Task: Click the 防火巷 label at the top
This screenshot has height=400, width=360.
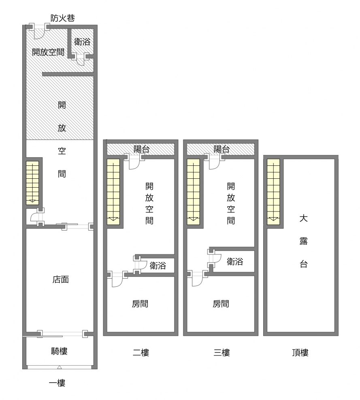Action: pyautogui.click(x=63, y=18)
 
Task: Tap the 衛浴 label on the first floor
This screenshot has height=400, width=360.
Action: pyautogui.click(x=82, y=42)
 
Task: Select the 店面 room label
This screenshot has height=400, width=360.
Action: pyautogui.click(x=61, y=279)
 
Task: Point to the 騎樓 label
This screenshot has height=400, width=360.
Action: pyautogui.click(x=59, y=351)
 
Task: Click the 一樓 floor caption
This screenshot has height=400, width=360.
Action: pyautogui.click(x=57, y=383)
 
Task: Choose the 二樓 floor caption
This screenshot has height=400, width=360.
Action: pyautogui.click(x=141, y=353)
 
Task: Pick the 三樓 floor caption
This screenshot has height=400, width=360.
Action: pyautogui.click(x=222, y=353)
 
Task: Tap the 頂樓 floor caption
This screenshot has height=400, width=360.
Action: pyautogui.click(x=300, y=353)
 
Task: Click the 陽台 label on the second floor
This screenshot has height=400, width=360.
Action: pyautogui.click(x=141, y=149)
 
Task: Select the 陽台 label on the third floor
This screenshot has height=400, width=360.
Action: pyautogui.click(x=222, y=149)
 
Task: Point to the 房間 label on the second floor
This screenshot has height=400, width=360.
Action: pyautogui.click(x=140, y=304)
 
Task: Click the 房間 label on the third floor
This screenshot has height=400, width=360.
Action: pyautogui.click(x=221, y=304)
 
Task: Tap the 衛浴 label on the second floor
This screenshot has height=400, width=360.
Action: pyautogui.click(x=158, y=266)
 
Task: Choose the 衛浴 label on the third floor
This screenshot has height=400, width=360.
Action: pyautogui.click(x=235, y=262)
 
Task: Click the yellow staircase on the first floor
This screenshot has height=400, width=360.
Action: pyautogui.click(x=32, y=183)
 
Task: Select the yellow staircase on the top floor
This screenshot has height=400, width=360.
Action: pyautogui.click(x=273, y=192)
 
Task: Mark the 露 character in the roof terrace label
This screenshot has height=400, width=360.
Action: pyautogui.click(x=303, y=241)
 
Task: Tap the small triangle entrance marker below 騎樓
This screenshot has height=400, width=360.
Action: pyautogui.click(x=59, y=367)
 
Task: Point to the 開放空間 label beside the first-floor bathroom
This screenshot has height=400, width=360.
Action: pyautogui.click(x=48, y=52)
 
